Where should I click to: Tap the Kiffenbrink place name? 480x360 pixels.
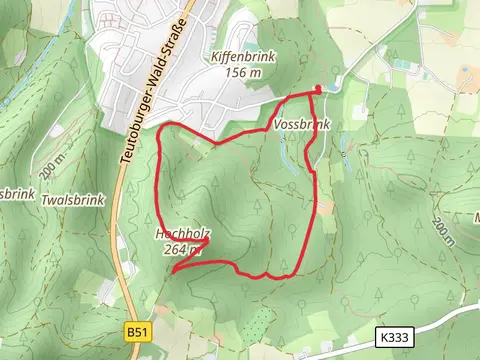tap(237, 58)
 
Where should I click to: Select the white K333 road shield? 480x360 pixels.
tap(392, 339)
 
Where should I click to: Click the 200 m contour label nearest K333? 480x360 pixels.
tap(443, 232)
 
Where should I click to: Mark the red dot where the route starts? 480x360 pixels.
tap(319, 89)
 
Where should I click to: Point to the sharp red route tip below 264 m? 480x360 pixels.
tap(172, 271)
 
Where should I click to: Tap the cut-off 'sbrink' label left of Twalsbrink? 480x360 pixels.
tap(16, 193)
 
